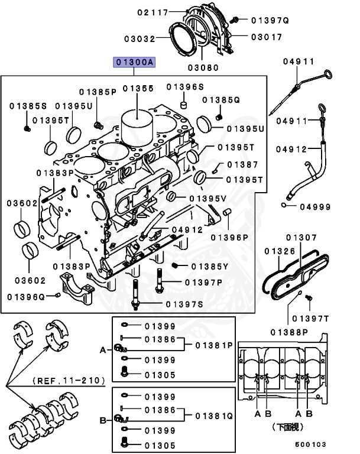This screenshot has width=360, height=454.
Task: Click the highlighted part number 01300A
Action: (x=135, y=61)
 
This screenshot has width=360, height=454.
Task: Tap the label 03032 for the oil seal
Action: (x=140, y=38)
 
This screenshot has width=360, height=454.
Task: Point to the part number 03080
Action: (x=203, y=67)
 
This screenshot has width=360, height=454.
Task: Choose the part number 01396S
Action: (x=184, y=87)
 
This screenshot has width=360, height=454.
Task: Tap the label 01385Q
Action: (x=221, y=100)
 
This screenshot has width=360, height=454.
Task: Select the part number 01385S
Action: (x=28, y=106)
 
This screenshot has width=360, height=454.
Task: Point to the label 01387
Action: (x=242, y=165)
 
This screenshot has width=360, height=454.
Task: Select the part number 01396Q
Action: (x=26, y=296)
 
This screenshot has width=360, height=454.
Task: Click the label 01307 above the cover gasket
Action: (x=301, y=237)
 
